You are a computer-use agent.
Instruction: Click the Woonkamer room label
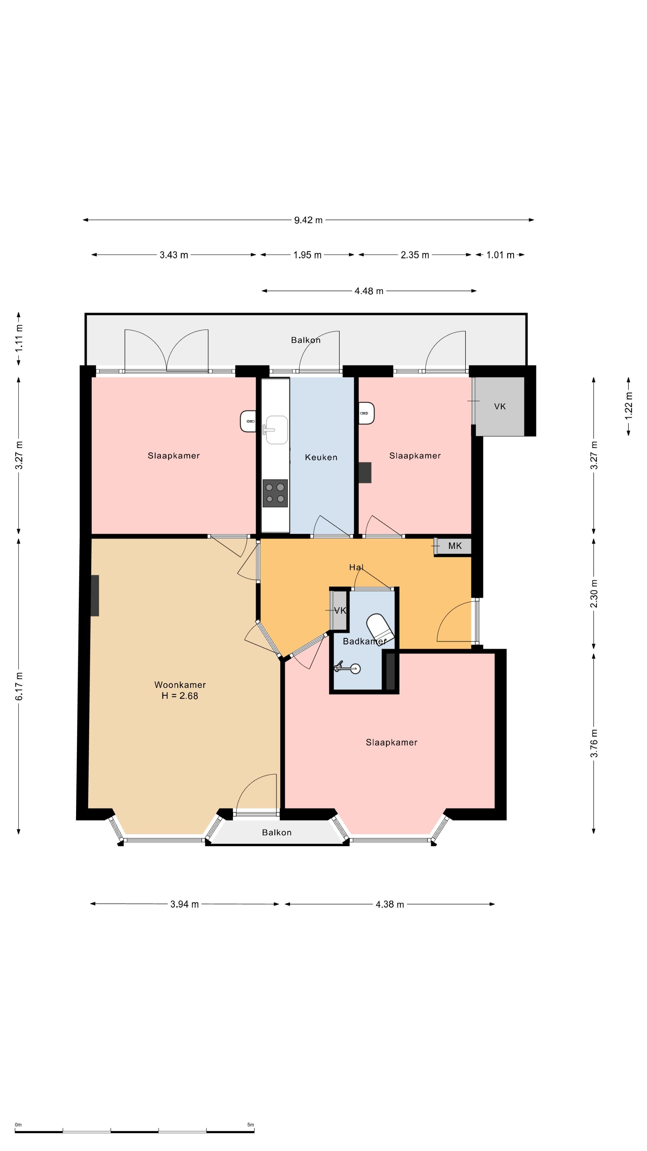pos(180,685)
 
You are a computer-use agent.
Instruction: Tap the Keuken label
pos(321,457)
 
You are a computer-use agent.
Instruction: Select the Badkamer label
pos(364,641)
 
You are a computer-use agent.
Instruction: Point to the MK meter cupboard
pos(454,546)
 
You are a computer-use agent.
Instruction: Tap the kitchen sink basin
pos(277,430)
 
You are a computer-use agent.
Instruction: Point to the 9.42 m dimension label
pos(308,220)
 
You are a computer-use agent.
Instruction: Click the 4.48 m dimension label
pos(369,291)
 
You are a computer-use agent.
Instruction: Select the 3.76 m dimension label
pos(594,743)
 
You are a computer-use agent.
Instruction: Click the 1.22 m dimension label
pos(629,405)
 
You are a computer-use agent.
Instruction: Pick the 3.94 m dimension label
pos(185,904)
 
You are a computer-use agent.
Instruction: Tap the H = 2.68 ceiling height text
pos(180,696)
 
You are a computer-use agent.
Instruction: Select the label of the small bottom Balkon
pos(277,832)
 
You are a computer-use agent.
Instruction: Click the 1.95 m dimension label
pos(307,255)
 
